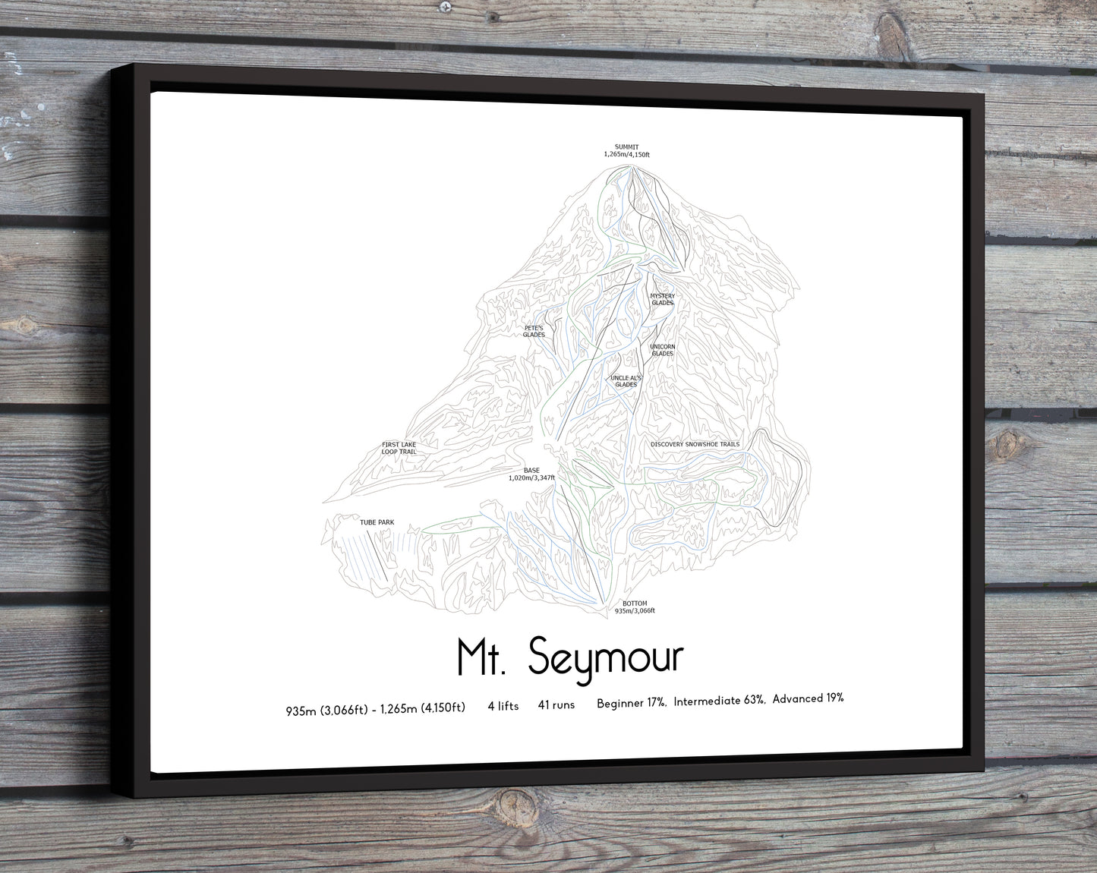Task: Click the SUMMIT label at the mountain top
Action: click(x=626, y=150)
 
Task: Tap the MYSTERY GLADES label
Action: click(x=662, y=299)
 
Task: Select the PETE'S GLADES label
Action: click(x=534, y=331)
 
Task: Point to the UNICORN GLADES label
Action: click(x=662, y=350)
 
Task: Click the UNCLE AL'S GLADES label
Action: click(x=626, y=381)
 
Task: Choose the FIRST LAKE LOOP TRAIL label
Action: click(x=399, y=448)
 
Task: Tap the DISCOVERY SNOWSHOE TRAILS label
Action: click(x=694, y=444)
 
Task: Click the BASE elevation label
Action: click(x=531, y=474)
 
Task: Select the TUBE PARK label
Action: click(x=377, y=522)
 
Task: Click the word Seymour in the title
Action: click(x=606, y=657)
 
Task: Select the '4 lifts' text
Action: click(x=503, y=706)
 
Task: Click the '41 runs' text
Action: click(x=556, y=705)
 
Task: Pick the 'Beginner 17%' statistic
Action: click(x=631, y=703)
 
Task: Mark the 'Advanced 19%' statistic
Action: click(x=808, y=698)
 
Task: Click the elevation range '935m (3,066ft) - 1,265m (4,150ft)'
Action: click(x=375, y=709)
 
